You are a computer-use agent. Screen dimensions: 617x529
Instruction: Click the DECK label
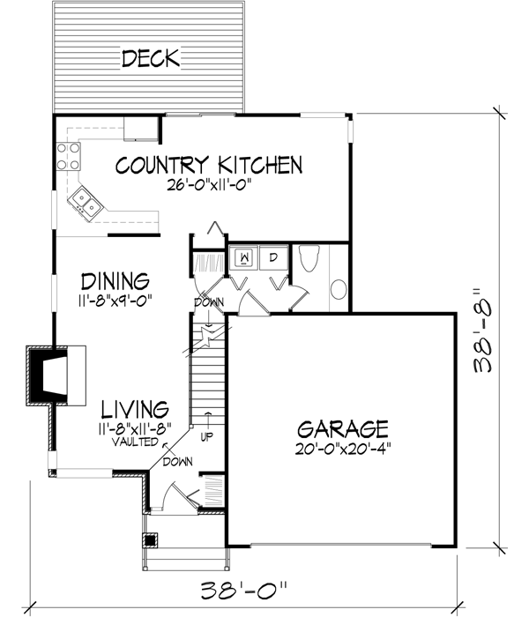point(151,59)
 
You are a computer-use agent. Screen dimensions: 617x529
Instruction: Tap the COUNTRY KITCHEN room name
point(210,165)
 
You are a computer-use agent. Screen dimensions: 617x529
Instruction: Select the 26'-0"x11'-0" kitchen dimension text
point(210,186)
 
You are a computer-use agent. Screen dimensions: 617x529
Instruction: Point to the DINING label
point(114,282)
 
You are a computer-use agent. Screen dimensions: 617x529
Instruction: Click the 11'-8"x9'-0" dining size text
point(114,301)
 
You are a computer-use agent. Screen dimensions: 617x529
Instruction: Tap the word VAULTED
point(135,442)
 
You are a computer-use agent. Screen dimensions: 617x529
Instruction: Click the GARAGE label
point(343,429)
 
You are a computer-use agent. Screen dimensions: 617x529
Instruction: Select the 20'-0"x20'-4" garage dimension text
point(343,448)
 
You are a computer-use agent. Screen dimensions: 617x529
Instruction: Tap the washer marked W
point(243,256)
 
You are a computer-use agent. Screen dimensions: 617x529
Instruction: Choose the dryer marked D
point(273,256)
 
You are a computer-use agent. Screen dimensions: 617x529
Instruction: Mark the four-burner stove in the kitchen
point(69,156)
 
